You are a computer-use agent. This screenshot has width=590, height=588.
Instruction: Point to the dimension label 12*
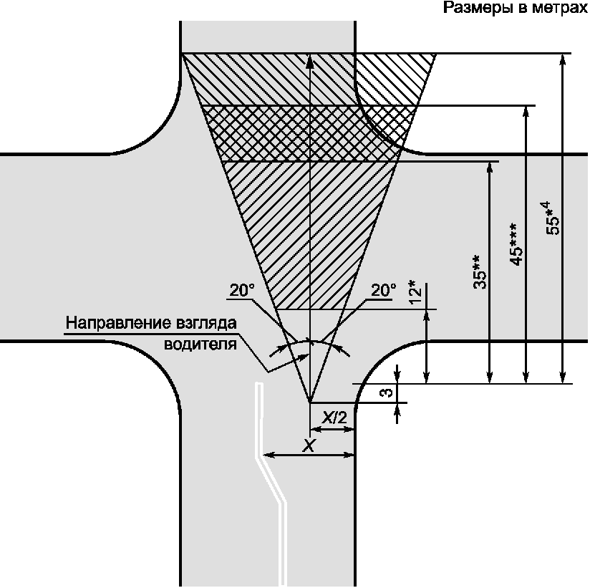pos(414,292)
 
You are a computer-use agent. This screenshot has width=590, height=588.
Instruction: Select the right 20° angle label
pos(382,290)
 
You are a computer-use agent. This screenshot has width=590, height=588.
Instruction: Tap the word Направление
pos(110,323)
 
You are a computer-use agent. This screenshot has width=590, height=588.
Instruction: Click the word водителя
pos(200,344)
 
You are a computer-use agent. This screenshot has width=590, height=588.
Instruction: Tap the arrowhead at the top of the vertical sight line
pos(309,60)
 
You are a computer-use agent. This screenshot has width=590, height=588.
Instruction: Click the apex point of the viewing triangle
pos(309,402)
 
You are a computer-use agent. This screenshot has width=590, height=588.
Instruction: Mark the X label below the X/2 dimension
pos(309,445)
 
